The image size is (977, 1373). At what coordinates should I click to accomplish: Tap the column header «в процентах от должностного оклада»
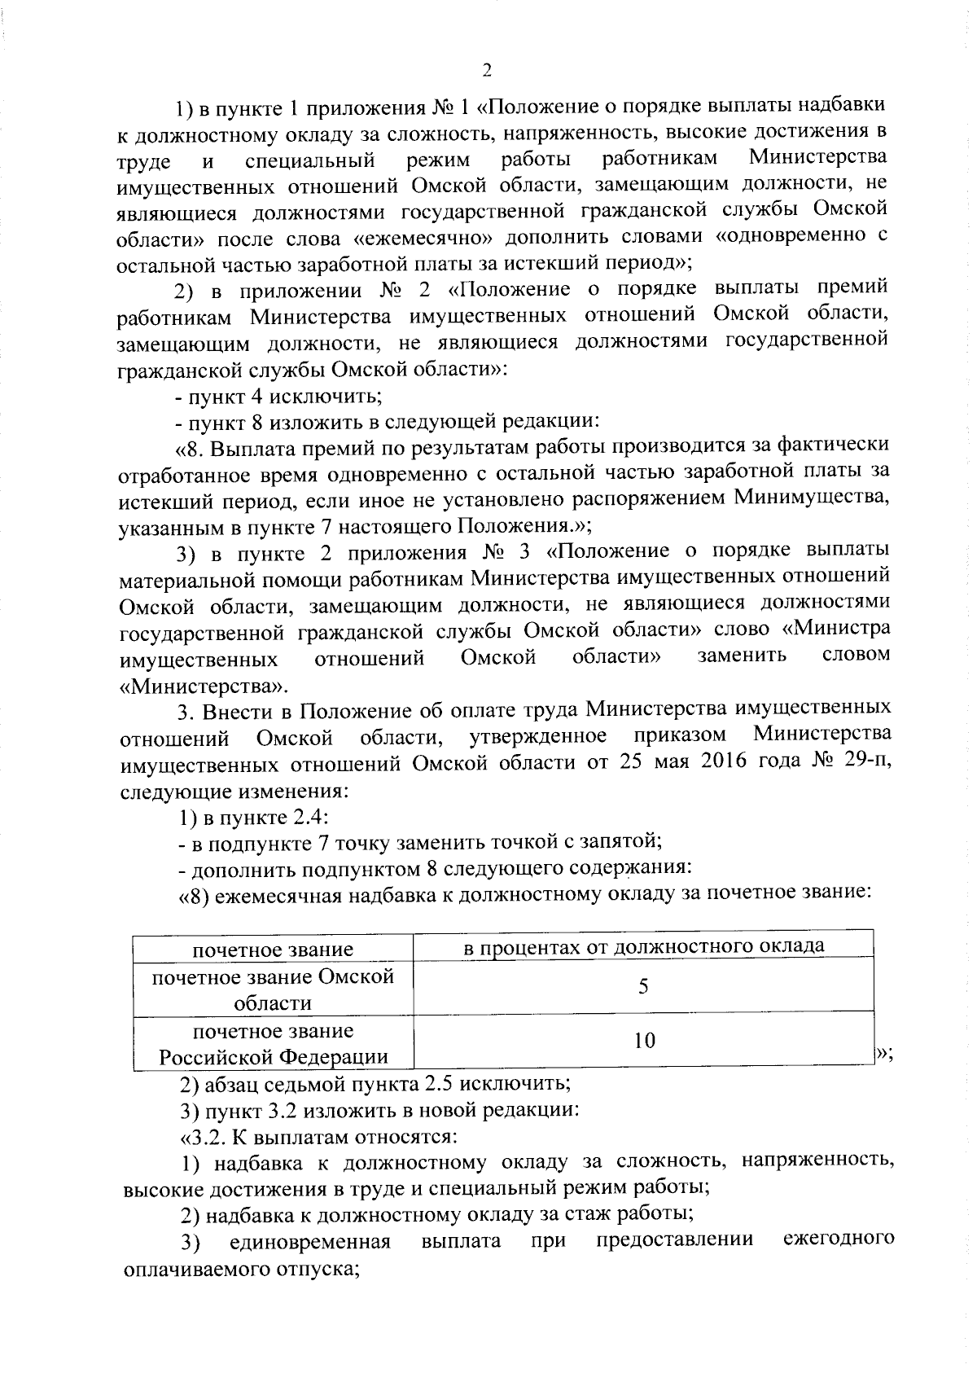[x=643, y=945]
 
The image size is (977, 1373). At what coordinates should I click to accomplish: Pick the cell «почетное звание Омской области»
[x=273, y=989]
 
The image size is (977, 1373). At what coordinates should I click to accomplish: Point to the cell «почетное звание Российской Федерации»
[x=273, y=1044]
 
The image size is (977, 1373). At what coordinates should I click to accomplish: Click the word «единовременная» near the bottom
[x=310, y=1241]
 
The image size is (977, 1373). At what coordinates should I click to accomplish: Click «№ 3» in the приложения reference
[x=506, y=552]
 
